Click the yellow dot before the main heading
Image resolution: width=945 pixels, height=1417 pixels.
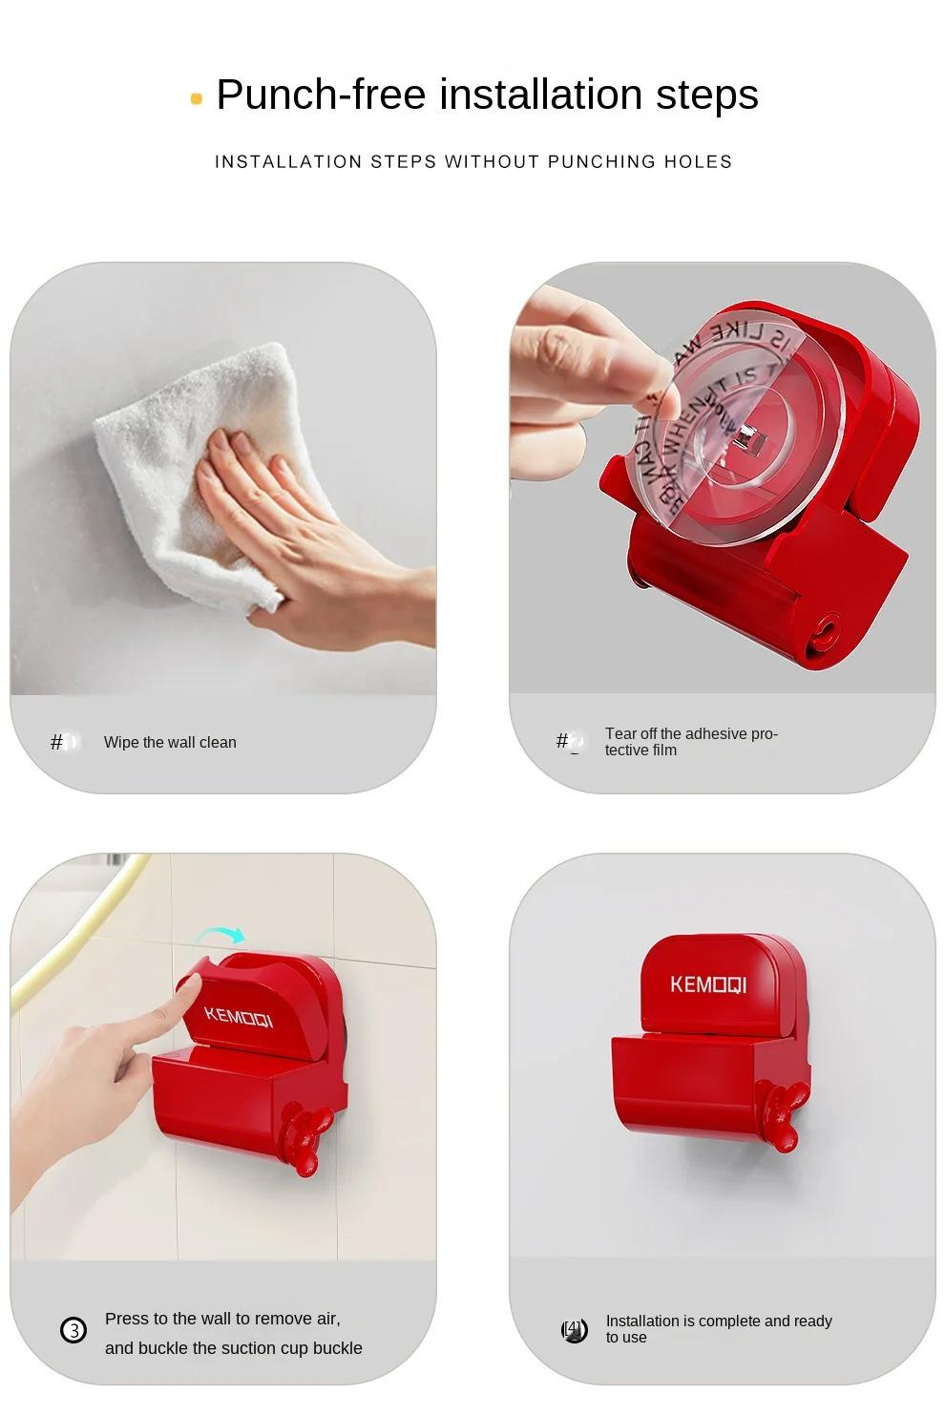(197, 98)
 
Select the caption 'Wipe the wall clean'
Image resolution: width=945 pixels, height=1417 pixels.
(170, 742)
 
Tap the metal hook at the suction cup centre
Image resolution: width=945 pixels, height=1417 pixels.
(748, 440)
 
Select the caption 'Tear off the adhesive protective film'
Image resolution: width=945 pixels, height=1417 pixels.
(691, 742)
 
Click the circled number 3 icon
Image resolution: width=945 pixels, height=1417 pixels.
(73, 1329)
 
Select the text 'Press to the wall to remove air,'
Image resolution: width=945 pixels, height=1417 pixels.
(222, 1319)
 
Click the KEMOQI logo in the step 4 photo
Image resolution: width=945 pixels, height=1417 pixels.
(708, 984)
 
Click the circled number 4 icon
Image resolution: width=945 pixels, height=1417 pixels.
(574, 1329)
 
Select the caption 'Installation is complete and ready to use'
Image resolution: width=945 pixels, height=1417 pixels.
(718, 1328)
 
